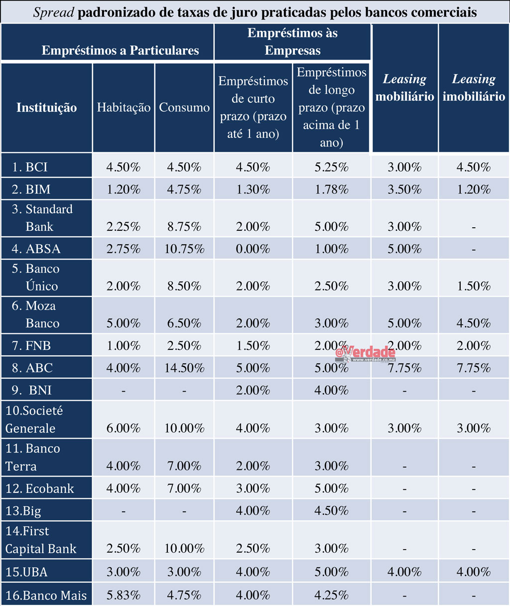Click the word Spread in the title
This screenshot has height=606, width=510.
[x=54, y=12]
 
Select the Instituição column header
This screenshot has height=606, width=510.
[x=46, y=108]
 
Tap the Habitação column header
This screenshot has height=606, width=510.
[x=124, y=108]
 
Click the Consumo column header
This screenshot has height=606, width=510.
[x=184, y=108]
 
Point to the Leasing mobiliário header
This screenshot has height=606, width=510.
[x=404, y=88]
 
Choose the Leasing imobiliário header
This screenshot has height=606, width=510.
[x=474, y=88]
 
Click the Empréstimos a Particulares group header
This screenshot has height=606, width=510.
[x=120, y=50]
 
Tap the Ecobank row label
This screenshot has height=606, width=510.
[x=40, y=488]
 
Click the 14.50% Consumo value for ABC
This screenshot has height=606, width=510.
[x=184, y=368]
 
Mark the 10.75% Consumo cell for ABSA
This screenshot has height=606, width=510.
[x=184, y=249]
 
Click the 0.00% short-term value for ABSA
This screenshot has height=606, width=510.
[x=253, y=249]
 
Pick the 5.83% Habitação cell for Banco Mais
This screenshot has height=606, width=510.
[x=124, y=595]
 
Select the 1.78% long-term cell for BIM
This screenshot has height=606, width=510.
[x=331, y=189]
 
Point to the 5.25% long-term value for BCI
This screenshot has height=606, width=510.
[x=331, y=167]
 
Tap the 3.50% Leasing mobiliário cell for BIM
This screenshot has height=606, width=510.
[x=404, y=189]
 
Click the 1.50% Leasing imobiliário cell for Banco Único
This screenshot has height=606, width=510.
[x=474, y=286]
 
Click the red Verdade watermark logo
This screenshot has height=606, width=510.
[x=366, y=353]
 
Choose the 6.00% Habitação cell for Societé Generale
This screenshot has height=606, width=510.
[x=124, y=429]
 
